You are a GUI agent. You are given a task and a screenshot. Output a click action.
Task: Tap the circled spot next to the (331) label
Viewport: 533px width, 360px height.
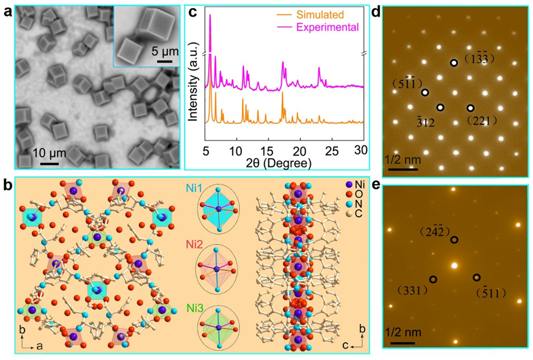click(433, 279)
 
